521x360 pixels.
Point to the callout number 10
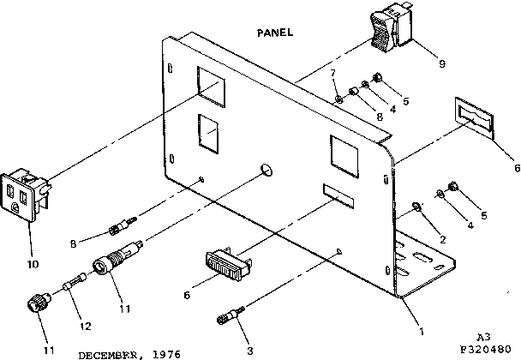click(32, 264)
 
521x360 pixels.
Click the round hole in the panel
click(266, 169)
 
